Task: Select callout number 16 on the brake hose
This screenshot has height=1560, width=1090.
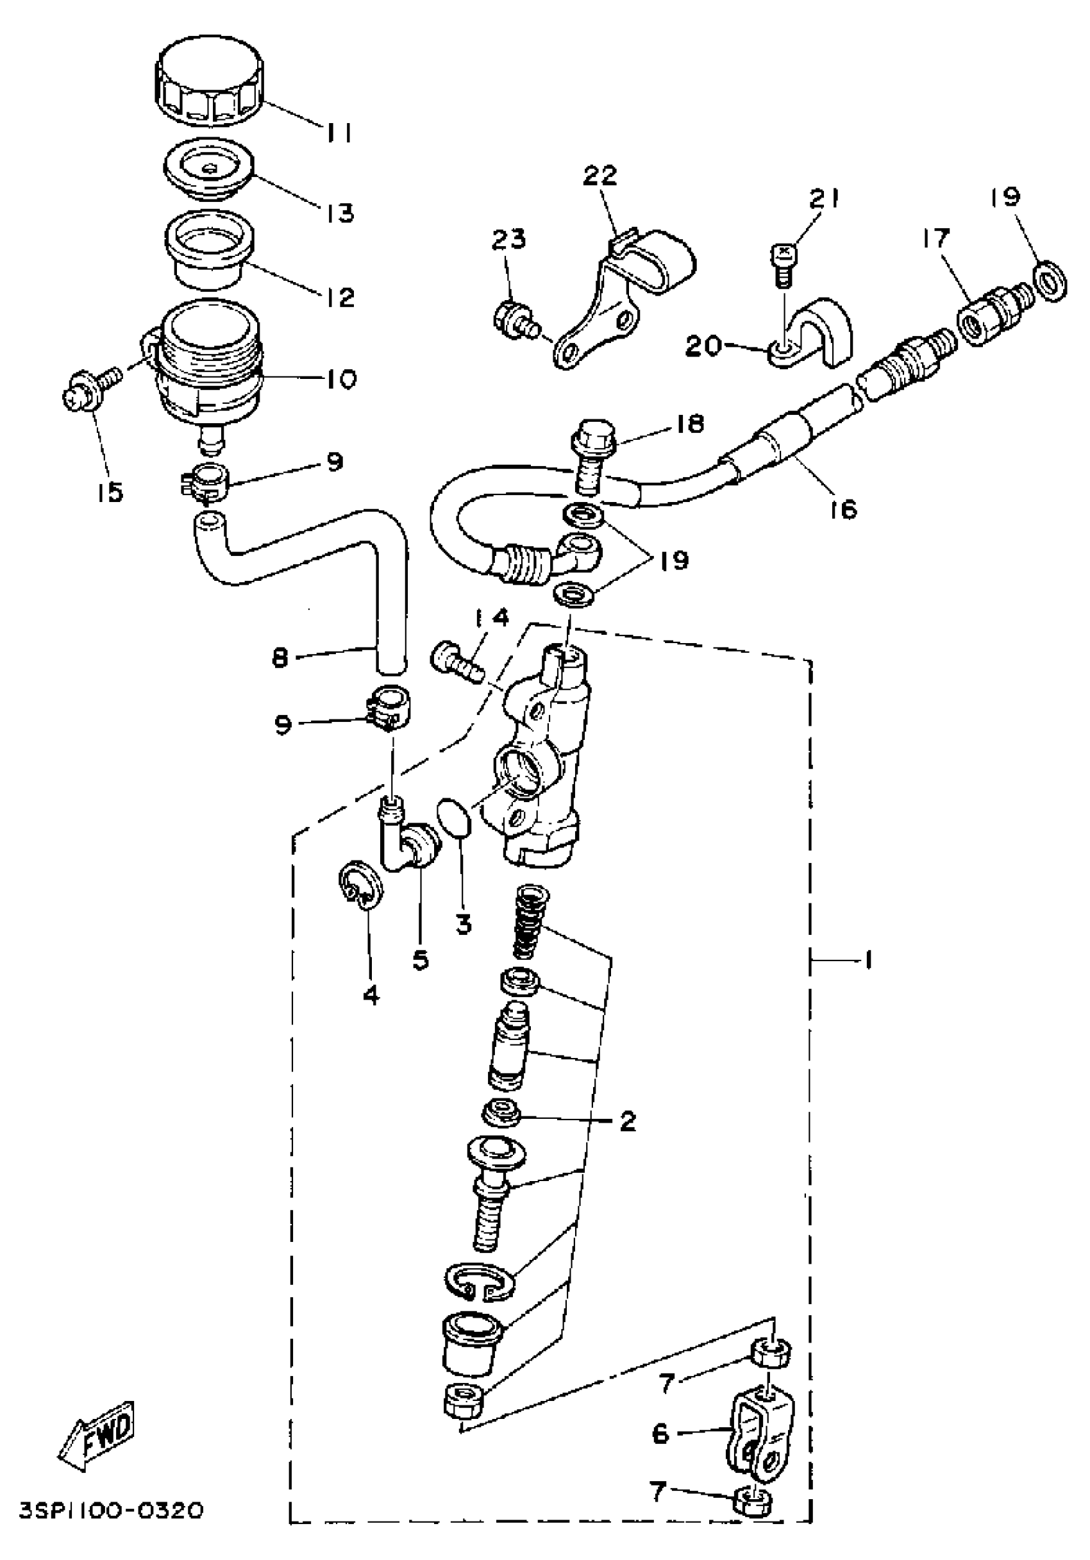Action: click(843, 508)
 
